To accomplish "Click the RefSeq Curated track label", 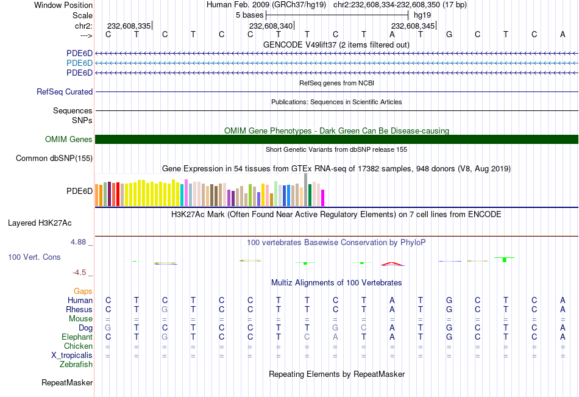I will [x=65, y=92].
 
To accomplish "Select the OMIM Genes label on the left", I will [x=69, y=140].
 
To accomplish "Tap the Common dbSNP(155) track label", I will [x=54, y=159].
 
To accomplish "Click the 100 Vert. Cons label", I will [x=34, y=257].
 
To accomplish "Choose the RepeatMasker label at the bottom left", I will [x=67, y=383].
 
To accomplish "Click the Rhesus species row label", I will [x=79, y=310].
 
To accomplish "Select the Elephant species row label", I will [x=77, y=337].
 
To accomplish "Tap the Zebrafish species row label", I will [x=76, y=365].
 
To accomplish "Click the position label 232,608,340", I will [x=271, y=26].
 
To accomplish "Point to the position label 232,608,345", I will [x=413, y=26].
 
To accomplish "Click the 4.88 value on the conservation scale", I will [x=79, y=242].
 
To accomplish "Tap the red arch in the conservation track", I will [x=392, y=264].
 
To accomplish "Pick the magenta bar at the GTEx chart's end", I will [x=322, y=198].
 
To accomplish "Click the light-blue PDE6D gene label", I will [x=79, y=63].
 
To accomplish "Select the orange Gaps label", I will [x=83, y=291].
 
